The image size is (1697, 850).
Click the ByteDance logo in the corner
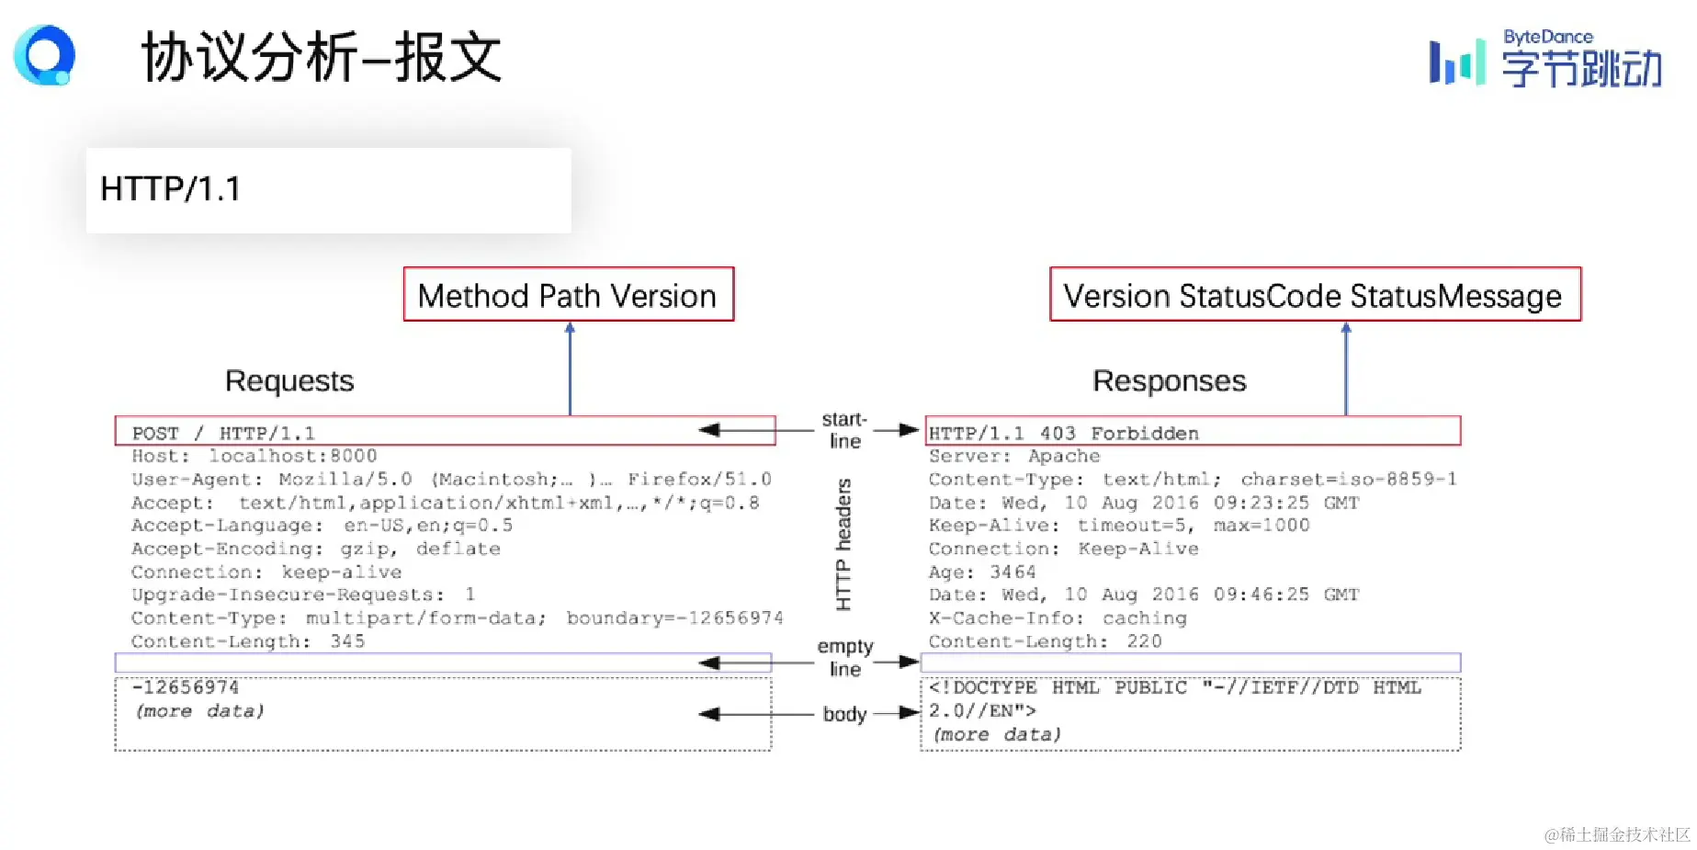[1545, 60]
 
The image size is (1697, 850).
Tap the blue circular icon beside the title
[44, 55]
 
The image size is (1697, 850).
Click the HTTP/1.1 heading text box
[328, 189]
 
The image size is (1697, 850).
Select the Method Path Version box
[568, 295]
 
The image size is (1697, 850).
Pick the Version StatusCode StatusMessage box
[1314, 295]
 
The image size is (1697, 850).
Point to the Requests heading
[289, 380]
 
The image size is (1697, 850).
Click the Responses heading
[1169, 380]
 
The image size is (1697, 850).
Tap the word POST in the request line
[155, 433]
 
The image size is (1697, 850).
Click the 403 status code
[1058, 433]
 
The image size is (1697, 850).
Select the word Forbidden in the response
[1144, 433]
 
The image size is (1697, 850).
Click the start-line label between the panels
[844, 430]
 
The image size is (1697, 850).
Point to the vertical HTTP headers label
[843, 544]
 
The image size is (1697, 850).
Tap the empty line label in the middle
[845, 658]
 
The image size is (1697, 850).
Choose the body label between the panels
[844, 714]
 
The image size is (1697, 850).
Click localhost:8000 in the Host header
[292, 456]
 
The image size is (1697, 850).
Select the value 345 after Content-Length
[347, 641]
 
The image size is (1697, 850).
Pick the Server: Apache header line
[1013, 456]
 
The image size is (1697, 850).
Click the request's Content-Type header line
[457, 618]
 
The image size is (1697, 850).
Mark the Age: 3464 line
[981, 572]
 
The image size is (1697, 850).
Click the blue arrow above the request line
[570, 368]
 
